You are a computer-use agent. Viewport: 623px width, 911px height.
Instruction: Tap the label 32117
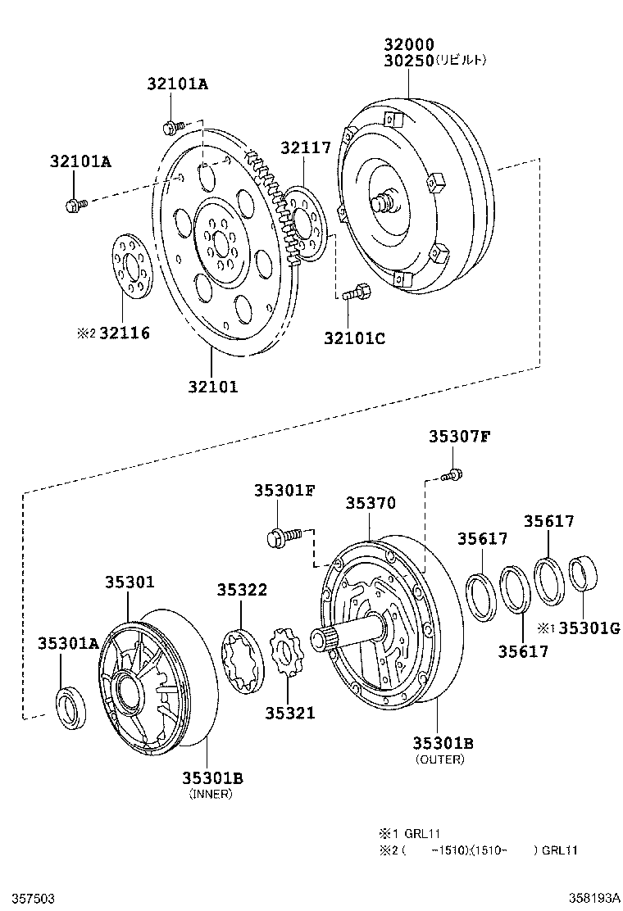(x=306, y=147)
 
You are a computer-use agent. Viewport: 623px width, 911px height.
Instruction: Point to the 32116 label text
(x=125, y=333)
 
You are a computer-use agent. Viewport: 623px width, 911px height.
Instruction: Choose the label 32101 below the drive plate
(x=211, y=387)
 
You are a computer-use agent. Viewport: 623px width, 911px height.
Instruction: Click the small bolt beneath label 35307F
(x=450, y=474)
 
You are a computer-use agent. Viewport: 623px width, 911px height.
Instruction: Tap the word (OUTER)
(x=439, y=759)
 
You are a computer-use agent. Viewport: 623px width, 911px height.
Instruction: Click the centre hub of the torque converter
(x=384, y=202)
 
